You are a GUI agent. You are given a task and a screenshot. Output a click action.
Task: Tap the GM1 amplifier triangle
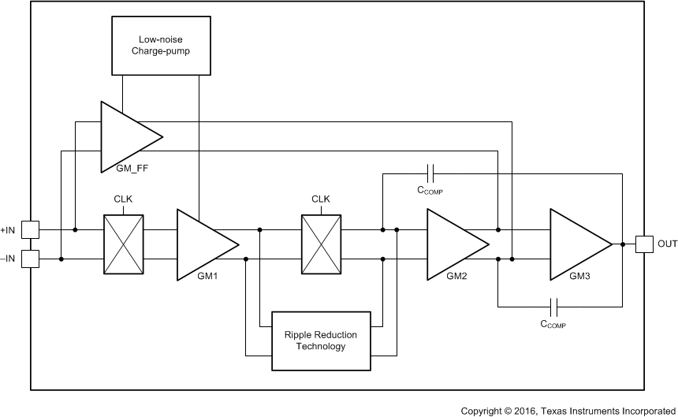pos(201,244)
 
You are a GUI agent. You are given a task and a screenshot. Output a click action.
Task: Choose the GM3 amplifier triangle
pos(575,244)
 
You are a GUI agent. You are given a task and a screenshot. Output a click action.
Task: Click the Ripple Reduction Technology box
pos(320,341)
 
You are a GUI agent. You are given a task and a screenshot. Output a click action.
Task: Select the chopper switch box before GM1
pos(124,244)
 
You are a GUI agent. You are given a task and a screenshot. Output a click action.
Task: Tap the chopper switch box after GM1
pos(320,244)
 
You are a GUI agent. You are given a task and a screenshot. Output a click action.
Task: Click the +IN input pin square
pos(31,230)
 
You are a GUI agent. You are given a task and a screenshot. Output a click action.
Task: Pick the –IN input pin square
pos(31,259)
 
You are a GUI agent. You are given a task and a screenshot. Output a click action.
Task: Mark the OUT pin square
pos(643,244)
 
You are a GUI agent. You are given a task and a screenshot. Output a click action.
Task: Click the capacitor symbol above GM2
pos(429,170)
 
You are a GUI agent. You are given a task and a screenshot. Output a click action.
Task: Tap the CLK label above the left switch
pos(124,199)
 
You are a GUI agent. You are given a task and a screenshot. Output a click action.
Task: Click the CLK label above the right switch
pos(320,199)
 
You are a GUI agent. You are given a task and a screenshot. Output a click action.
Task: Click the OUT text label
pos(667,244)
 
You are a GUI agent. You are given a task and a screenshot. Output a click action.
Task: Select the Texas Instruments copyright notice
pos(568,410)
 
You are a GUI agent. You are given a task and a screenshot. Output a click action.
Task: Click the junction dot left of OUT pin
pos(623,244)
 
